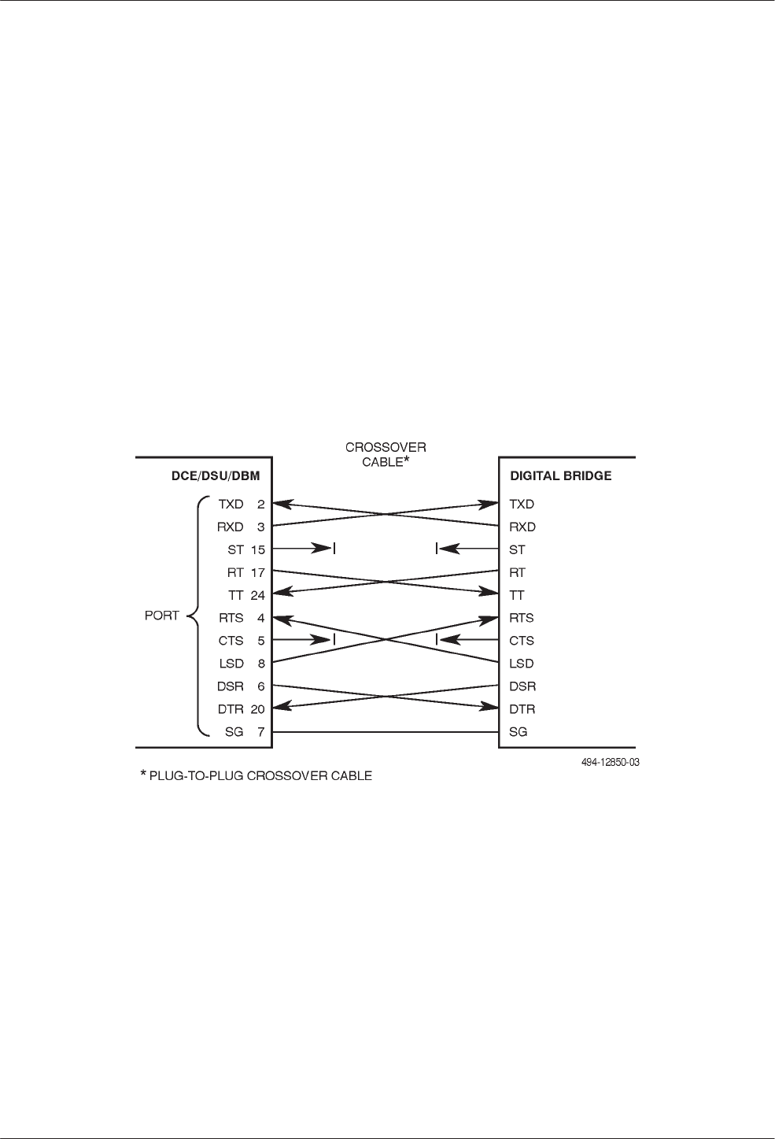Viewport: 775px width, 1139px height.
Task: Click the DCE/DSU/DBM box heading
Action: point(215,475)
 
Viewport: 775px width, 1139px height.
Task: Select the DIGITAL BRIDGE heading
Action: point(561,475)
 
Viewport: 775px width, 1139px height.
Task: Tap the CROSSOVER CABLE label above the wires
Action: point(386,454)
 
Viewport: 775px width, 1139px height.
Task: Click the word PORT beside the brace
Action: point(162,616)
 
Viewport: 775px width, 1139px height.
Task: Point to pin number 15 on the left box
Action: point(257,549)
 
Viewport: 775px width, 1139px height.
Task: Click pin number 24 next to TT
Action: point(257,595)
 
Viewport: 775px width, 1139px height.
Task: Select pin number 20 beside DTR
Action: point(257,709)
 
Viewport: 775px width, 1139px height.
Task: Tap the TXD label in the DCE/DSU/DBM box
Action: point(231,504)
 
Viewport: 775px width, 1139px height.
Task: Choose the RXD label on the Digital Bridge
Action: point(522,527)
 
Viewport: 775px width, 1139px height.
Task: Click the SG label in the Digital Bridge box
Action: point(518,732)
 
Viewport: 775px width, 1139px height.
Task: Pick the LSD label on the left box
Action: point(231,664)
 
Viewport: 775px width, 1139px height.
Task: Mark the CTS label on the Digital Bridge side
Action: point(521,641)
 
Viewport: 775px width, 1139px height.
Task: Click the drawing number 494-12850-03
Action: point(607,762)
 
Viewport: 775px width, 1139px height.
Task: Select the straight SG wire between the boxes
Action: point(386,732)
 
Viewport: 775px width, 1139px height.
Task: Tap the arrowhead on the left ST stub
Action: point(324,549)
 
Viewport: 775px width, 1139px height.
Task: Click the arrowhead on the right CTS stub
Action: point(447,640)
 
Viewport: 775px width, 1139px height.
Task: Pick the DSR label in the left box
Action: point(231,686)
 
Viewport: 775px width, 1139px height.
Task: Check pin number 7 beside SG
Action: point(260,732)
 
